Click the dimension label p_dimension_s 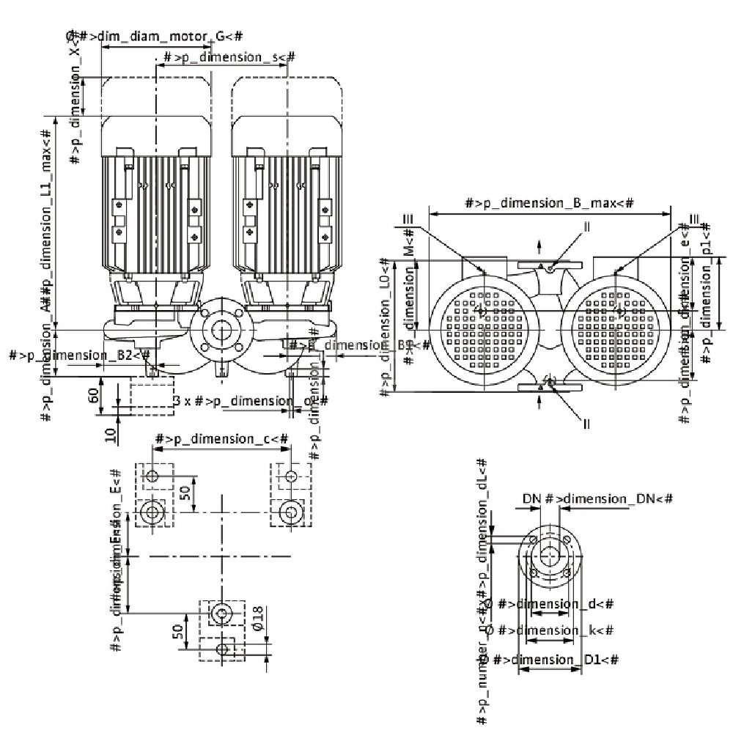point(229,57)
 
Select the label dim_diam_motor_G point(155,36)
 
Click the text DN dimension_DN point(597,499)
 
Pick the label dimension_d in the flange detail point(556,604)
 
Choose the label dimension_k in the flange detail point(556,630)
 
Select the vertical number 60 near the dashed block point(94,396)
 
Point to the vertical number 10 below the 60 point(110,434)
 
